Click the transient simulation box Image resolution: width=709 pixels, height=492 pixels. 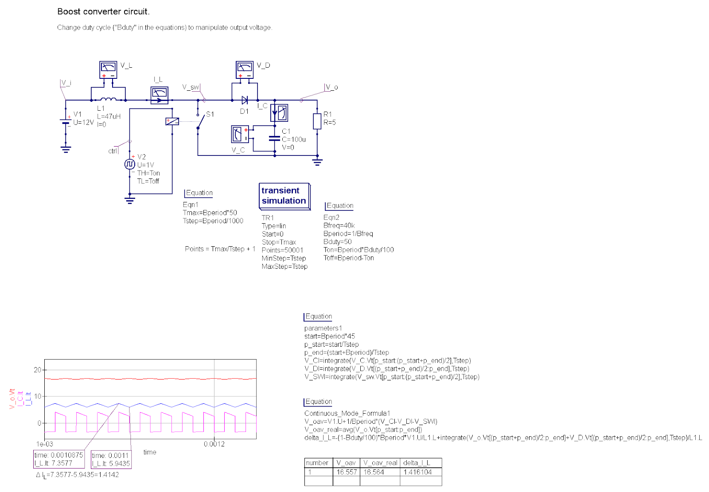point(284,196)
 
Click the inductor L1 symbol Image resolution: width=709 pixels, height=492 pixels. point(108,100)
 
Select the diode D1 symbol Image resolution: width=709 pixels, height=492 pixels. point(245,100)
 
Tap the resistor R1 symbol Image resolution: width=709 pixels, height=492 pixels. point(317,121)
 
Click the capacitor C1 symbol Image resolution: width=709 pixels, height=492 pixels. point(275,138)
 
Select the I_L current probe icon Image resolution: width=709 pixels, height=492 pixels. point(160,95)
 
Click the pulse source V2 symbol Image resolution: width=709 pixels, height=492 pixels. point(129,164)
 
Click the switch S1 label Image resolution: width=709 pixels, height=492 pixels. point(210,114)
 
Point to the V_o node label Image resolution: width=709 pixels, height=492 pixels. point(332,87)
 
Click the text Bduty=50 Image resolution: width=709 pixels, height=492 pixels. point(337,242)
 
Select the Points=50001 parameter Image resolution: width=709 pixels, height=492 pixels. point(282,250)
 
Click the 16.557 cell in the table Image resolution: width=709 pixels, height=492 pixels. point(346,472)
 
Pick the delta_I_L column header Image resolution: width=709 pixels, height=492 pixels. point(417,463)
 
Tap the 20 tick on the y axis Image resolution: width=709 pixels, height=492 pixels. point(38,370)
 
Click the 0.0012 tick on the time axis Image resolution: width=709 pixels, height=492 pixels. point(214,444)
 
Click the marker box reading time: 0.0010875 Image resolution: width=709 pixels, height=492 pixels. point(58,459)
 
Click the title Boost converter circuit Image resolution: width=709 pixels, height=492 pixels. point(103,12)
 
